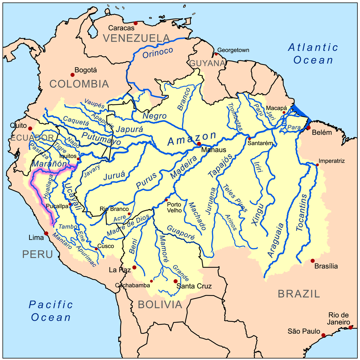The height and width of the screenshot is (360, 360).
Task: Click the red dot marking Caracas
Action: [x=135, y=23]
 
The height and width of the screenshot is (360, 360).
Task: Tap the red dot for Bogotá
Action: [x=72, y=75]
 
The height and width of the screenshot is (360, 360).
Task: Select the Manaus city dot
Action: [x=199, y=144]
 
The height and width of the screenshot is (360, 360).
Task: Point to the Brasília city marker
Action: [x=312, y=261]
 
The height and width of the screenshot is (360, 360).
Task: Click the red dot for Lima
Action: [x=46, y=233]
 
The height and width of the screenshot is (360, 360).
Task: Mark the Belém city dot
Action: [x=309, y=128]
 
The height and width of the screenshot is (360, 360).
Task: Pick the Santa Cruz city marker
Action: [x=175, y=281]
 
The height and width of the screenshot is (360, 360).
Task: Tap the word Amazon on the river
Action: [x=192, y=139]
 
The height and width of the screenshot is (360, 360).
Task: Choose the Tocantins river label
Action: [x=302, y=213]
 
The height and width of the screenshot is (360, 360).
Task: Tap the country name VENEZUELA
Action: [x=136, y=38]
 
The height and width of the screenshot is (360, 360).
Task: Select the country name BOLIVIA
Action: [x=160, y=305]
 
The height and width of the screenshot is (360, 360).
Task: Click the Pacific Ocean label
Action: [x=51, y=311]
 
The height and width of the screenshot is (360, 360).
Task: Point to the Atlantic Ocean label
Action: [x=313, y=53]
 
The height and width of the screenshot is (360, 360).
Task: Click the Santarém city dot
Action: [x=249, y=139]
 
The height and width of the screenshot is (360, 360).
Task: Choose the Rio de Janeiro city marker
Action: [x=350, y=327]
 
